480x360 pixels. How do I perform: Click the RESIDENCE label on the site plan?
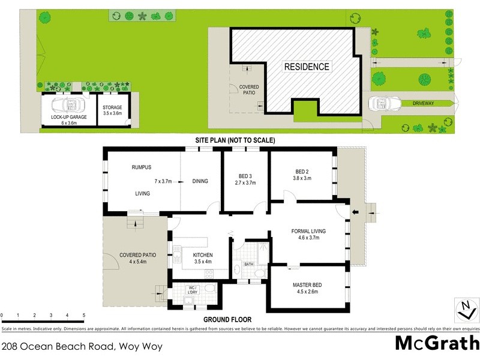point(307,67)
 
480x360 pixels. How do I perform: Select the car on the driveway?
point(380,104)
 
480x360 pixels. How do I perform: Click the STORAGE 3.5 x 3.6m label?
point(112,110)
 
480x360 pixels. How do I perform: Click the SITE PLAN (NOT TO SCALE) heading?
point(235,140)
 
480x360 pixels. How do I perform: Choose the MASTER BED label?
point(309,285)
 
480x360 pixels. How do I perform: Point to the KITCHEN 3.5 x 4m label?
point(203,258)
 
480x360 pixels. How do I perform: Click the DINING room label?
point(200,181)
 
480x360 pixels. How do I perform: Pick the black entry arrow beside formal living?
point(355,211)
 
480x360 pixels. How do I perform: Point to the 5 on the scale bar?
point(83,315)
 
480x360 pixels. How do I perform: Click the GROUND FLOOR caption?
point(227,320)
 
